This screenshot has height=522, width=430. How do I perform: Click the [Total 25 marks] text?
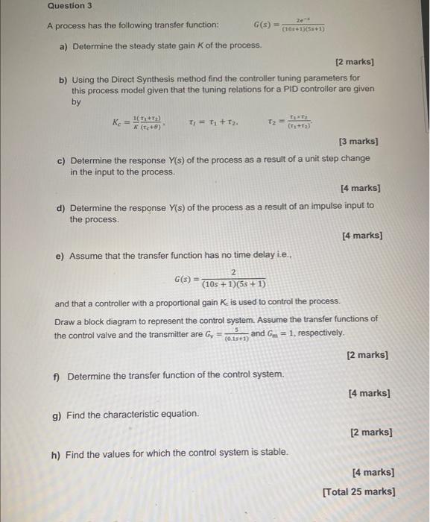358,491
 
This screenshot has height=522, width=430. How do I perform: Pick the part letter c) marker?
62,160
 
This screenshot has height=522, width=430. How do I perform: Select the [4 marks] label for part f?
369,393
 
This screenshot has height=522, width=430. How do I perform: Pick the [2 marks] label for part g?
370,433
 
